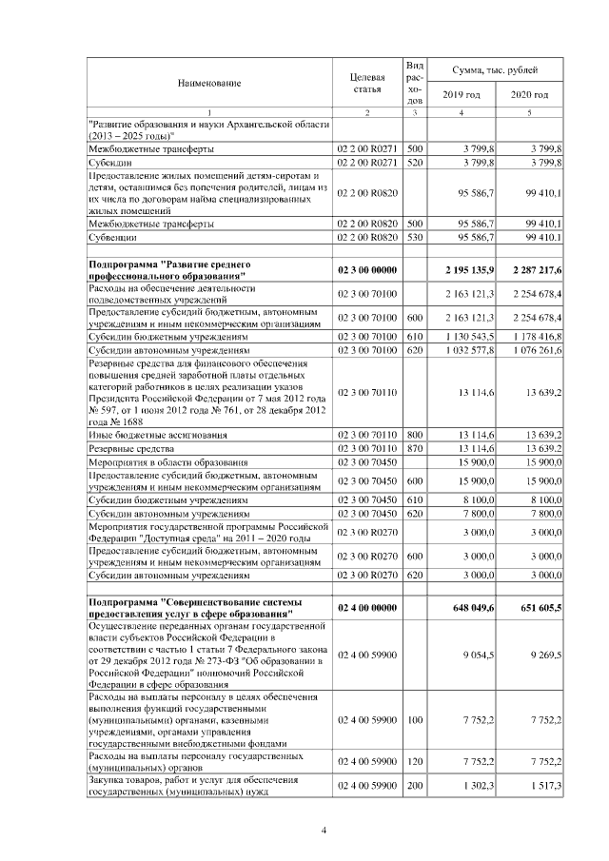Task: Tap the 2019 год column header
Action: [462, 95]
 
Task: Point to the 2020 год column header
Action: [529, 95]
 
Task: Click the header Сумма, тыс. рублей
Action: [495, 70]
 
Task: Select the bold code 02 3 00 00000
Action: [366, 270]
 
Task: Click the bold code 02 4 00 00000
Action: [366, 607]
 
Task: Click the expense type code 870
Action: [414, 448]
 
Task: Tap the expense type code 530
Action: [414, 238]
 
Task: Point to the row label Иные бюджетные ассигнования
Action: [150, 435]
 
